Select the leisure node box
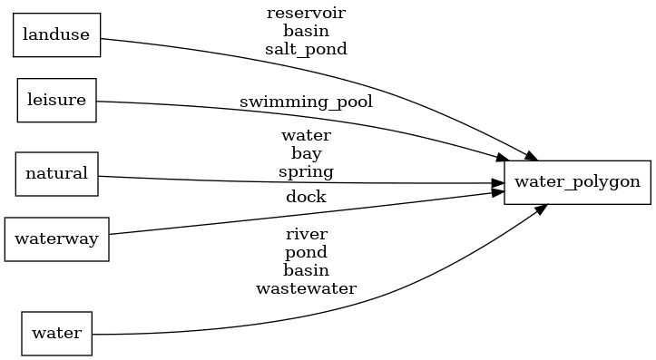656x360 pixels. tap(57, 100)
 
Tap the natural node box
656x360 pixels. tap(56, 173)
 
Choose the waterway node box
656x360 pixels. tap(57, 238)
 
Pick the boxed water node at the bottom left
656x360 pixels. tap(56, 333)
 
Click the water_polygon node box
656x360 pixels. tap(577, 181)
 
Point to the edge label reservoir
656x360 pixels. tap(306, 13)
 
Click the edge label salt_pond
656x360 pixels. tap(306, 49)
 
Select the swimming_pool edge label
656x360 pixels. tap(306, 101)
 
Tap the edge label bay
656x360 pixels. tap(306, 153)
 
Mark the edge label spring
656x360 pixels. tap(306, 171)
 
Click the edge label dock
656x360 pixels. tap(306, 196)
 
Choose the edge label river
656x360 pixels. tap(306, 234)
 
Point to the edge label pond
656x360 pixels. tap(306, 252)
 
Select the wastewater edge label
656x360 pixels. tap(306, 288)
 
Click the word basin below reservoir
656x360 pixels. tap(306, 31)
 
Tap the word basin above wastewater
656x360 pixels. tap(306, 270)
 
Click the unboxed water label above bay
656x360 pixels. tap(306, 135)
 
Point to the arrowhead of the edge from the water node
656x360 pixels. tap(541, 209)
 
